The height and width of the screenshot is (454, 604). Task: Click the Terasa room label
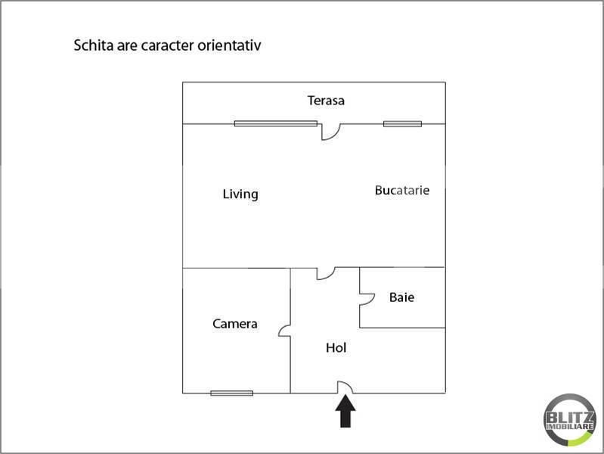(326, 101)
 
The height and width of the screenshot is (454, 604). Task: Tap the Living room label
(240, 194)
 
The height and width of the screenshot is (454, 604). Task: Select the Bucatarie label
(402, 191)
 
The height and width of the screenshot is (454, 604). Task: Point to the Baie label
(401, 297)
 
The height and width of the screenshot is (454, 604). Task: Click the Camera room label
(234, 324)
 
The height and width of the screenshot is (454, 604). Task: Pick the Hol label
(336, 348)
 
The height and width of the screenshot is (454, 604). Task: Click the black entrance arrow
(345, 413)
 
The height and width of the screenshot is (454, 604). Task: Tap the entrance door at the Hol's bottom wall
(345, 387)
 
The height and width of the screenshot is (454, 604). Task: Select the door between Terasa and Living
(330, 131)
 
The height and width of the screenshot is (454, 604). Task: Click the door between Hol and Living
(325, 273)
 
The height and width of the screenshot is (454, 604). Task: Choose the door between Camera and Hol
(285, 331)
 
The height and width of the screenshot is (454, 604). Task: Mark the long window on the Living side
(275, 123)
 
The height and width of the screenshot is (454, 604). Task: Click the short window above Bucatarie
(402, 123)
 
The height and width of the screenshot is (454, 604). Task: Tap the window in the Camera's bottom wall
(231, 393)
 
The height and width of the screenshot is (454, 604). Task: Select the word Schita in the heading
(91, 45)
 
